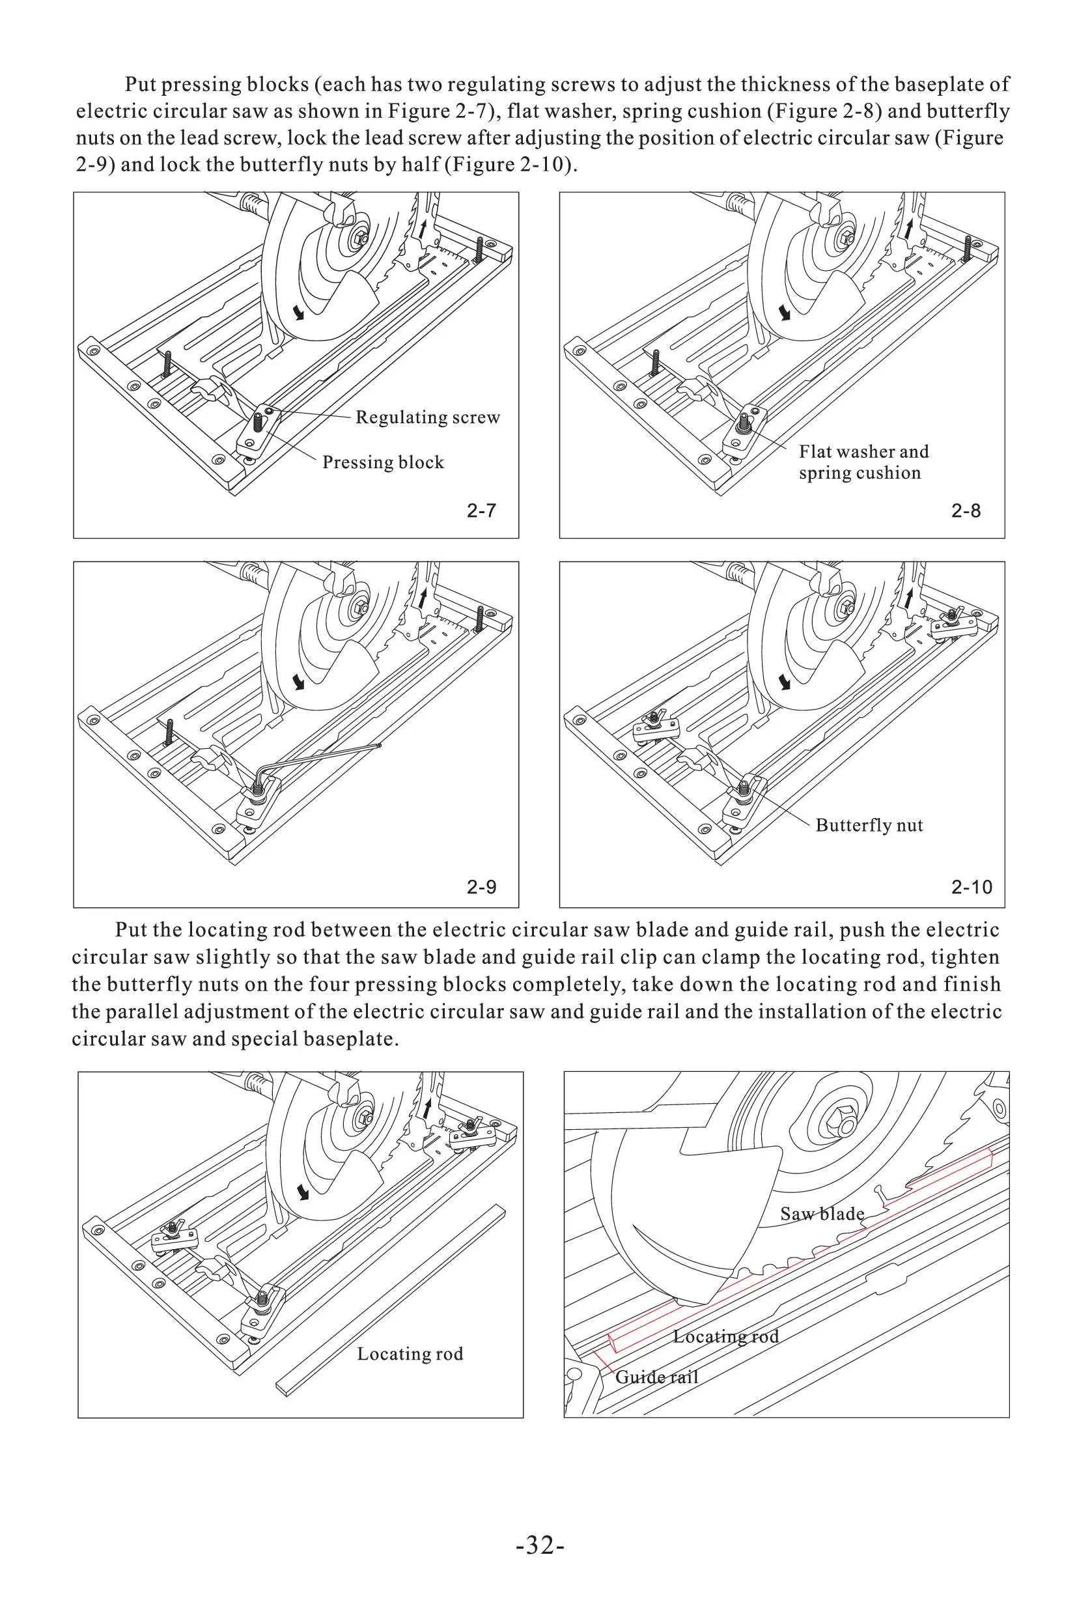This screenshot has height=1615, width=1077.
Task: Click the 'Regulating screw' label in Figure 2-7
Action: click(427, 417)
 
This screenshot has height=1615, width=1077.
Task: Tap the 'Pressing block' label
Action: click(383, 462)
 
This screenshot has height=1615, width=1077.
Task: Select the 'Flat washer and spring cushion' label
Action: click(863, 462)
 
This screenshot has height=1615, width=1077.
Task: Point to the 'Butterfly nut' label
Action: click(869, 825)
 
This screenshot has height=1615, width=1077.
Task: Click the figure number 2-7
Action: click(481, 511)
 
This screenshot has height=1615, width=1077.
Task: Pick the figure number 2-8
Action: click(966, 511)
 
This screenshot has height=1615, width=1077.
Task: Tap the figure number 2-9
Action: click(481, 888)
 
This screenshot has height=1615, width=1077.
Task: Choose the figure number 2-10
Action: click(972, 888)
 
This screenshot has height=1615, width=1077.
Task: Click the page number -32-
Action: click(540, 1547)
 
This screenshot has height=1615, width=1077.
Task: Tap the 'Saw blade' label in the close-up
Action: click(822, 1215)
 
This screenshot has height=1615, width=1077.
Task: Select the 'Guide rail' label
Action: click(656, 1377)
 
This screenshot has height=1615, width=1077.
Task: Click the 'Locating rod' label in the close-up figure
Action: click(725, 1337)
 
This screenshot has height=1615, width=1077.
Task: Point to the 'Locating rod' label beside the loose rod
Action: click(410, 1354)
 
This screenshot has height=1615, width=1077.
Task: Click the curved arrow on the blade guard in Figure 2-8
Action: click(784, 313)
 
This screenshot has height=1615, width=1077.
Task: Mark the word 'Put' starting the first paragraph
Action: click(141, 85)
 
